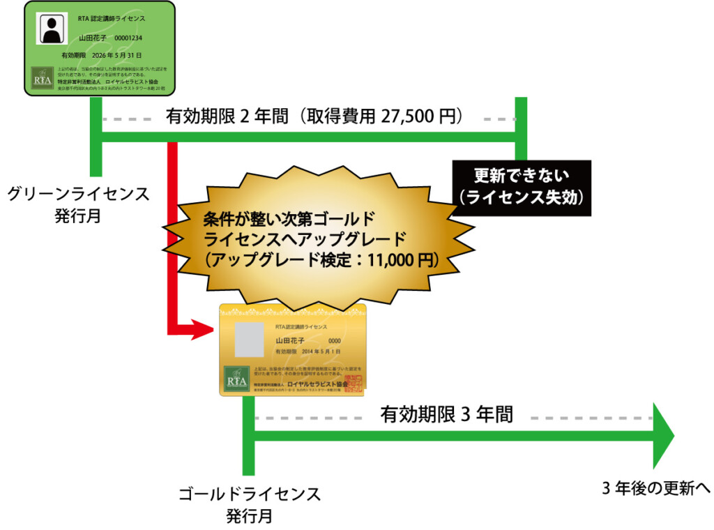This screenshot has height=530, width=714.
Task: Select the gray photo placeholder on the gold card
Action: (249, 338)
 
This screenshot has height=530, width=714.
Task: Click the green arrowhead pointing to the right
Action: (664, 436)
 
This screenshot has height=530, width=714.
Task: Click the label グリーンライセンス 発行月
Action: (78, 204)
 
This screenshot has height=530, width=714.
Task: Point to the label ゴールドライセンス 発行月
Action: (249, 505)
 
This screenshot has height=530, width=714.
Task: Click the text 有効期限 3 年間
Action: (446, 414)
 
